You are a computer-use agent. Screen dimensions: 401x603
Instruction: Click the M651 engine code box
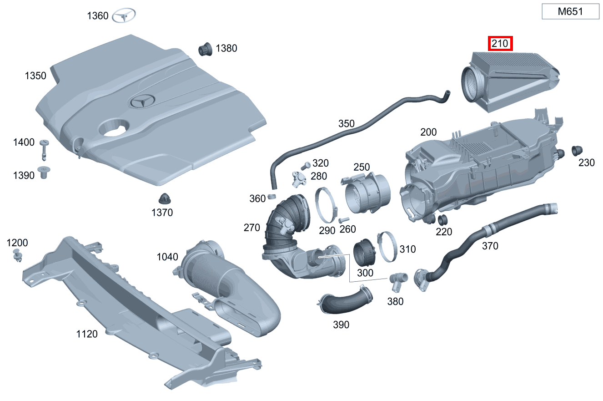[570, 11]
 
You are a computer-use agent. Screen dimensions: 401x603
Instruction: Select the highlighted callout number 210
[500, 44]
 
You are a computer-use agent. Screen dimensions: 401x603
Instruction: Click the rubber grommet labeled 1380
[206, 49]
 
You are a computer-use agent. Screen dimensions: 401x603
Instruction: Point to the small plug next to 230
[577, 150]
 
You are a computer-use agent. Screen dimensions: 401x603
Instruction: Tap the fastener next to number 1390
[45, 173]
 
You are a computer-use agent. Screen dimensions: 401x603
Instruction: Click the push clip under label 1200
[18, 255]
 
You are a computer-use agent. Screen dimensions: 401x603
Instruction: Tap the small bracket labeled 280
[300, 178]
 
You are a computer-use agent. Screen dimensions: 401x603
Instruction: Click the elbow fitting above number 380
[397, 280]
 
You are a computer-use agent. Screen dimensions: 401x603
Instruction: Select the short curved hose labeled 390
[346, 302]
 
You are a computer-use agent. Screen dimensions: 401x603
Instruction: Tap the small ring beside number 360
[272, 196]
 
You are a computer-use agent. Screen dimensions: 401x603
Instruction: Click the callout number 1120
[86, 334]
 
